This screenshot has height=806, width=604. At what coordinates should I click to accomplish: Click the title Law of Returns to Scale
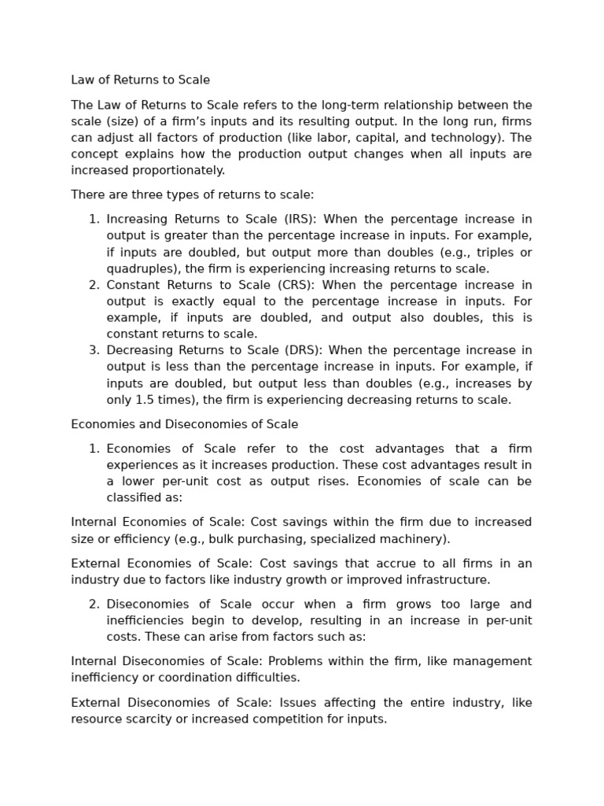pyautogui.click(x=140, y=80)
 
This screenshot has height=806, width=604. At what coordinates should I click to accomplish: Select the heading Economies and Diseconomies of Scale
pyautogui.click(x=184, y=424)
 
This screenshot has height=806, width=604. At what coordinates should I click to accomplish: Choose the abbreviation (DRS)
pyautogui.click(x=301, y=350)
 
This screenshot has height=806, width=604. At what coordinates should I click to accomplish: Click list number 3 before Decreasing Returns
pyautogui.click(x=94, y=350)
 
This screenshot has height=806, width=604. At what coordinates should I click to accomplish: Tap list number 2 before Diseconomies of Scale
pyautogui.click(x=94, y=604)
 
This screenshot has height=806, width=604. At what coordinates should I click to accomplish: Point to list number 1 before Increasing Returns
pyautogui.click(x=94, y=220)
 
